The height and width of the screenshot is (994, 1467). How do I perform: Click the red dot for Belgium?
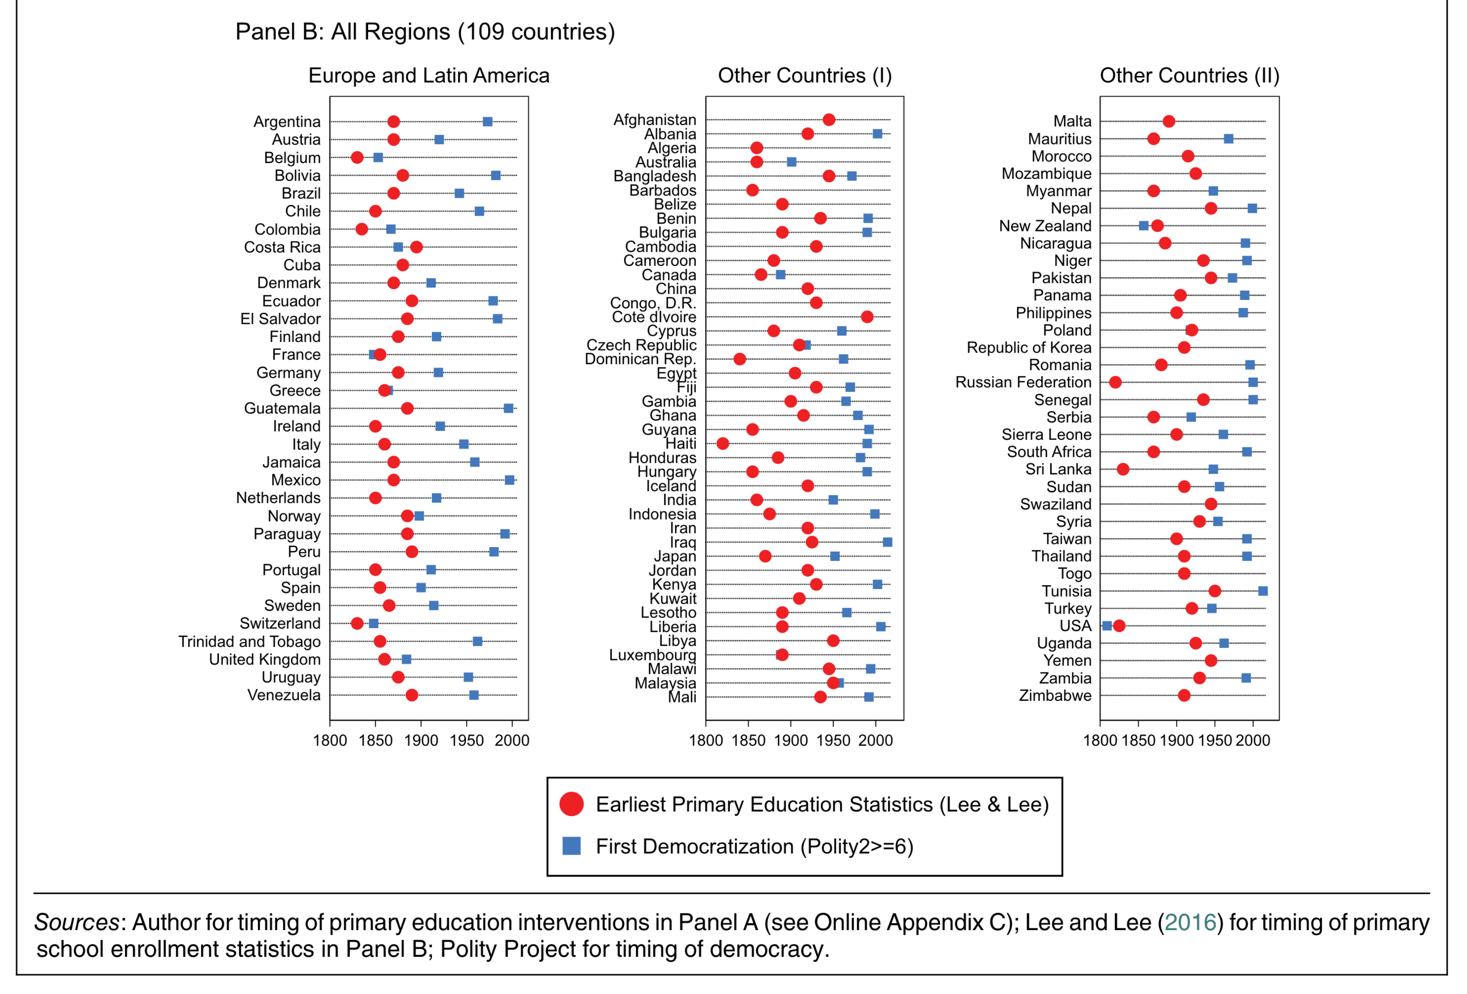[357, 157]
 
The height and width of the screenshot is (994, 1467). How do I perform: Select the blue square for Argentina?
[487, 121]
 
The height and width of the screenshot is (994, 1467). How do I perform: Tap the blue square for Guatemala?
[508, 408]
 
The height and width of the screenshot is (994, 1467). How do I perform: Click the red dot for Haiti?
[723, 444]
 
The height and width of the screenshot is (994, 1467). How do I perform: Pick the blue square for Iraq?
[888, 542]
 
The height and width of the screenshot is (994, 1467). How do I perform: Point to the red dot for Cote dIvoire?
[867, 317]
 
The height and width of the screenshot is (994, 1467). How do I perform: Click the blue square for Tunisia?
[1262, 591]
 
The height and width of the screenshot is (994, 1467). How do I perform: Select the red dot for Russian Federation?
[1115, 382]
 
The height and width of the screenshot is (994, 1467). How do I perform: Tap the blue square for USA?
[1106, 625]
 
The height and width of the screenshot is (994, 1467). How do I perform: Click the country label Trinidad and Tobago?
[249, 642]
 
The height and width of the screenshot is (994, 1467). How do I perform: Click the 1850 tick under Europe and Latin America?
[375, 740]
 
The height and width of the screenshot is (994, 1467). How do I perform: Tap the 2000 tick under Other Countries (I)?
[876, 740]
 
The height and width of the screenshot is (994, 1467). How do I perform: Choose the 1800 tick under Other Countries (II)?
[1100, 740]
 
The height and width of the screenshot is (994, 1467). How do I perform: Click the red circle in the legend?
[571, 804]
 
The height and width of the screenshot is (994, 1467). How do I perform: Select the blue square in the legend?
[571, 846]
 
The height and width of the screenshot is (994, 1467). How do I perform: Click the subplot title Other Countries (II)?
[1189, 76]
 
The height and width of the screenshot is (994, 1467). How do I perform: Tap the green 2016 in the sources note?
[1190, 923]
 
